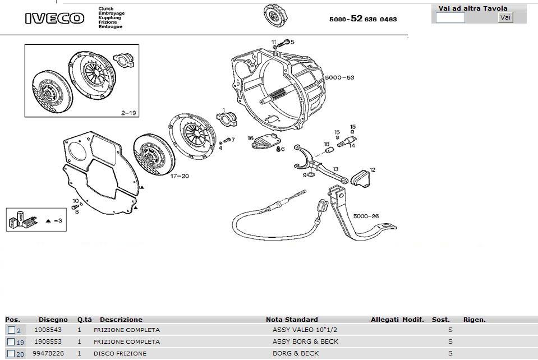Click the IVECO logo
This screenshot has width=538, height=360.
tap(54, 19)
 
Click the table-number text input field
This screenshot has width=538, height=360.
tap(450, 18)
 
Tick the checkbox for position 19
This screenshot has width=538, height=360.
tap(11, 341)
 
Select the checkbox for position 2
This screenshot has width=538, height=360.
tap(11, 330)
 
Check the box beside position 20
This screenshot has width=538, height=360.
tap(11, 353)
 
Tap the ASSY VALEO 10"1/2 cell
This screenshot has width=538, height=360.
tap(305, 330)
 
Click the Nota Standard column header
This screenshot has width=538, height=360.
tap(292, 320)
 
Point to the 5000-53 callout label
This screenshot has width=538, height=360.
tap(339, 77)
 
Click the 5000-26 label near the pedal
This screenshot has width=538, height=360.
tap(366, 216)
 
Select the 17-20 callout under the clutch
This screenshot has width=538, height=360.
tap(180, 176)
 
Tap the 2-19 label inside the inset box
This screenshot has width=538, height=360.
tap(128, 113)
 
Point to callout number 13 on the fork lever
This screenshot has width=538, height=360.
tap(335, 169)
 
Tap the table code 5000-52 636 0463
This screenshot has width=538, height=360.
tap(363, 19)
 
